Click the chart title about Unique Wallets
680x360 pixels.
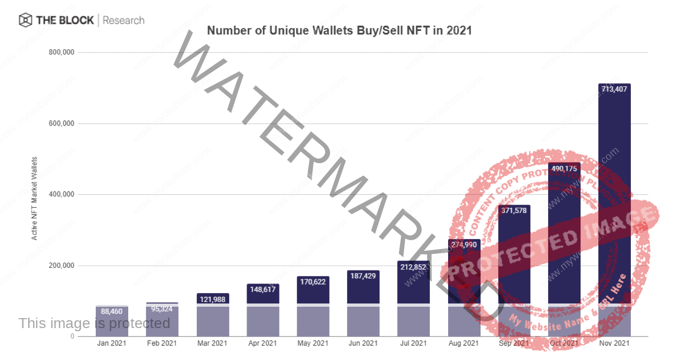pos(339,30)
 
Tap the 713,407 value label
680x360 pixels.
pos(614,89)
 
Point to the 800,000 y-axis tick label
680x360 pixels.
pos(61,52)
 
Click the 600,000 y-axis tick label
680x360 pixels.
pos(61,123)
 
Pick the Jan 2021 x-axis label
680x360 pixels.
pos(112,343)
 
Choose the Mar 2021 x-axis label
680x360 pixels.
pos(212,343)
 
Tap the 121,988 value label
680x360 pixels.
pos(213,299)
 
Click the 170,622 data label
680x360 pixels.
pos(313,282)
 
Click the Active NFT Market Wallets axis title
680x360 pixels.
pos(35,198)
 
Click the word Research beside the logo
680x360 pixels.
pos(124,20)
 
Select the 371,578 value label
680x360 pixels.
pos(514,210)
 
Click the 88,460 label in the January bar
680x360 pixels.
pos(112,311)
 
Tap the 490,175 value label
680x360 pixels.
pos(564,168)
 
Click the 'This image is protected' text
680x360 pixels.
pos(94,323)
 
